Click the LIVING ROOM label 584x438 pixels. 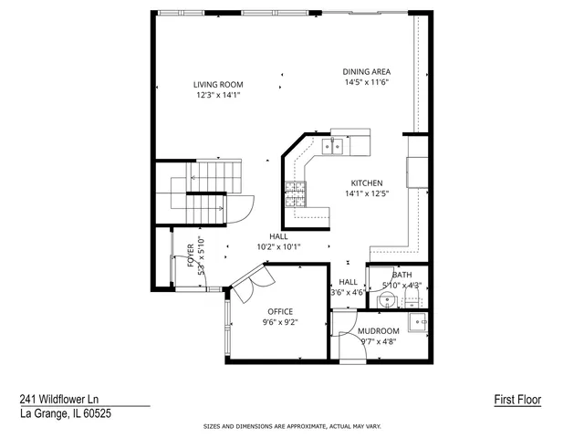[217, 84]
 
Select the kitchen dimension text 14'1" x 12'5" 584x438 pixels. [368, 193]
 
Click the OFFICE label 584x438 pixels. [280, 311]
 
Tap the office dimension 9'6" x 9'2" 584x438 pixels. [280, 322]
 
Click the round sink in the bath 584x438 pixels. [389, 299]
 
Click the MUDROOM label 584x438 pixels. [378, 331]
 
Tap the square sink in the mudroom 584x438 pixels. [419, 319]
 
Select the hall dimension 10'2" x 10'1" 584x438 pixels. [278, 246]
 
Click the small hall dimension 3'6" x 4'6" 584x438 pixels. [348, 293]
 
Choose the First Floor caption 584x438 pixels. [517, 400]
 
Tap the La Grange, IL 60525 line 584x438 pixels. [66, 413]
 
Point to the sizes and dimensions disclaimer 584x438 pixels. [291, 426]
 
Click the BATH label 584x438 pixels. [402, 275]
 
